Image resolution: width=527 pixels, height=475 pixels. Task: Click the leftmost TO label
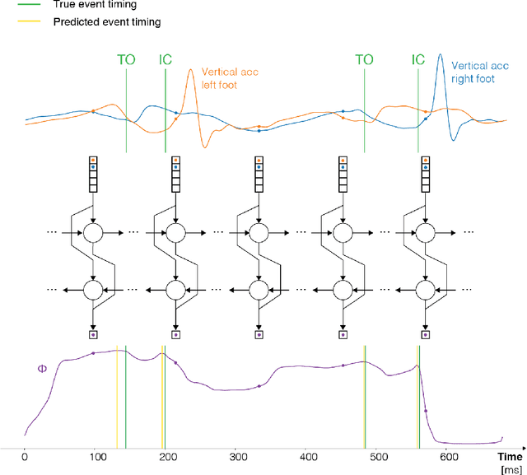click(125, 59)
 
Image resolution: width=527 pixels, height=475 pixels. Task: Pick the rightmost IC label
click(418, 59)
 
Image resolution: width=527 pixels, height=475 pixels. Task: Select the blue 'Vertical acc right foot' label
click(483, 77)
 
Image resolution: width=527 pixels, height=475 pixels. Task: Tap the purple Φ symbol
click(42, 369)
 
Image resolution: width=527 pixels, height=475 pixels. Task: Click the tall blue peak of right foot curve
click(441, 56)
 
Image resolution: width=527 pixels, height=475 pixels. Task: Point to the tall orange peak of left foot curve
click(192, 70)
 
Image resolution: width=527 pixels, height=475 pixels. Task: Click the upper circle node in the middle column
click(259, 235)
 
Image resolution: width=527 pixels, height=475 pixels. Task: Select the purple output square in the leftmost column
click(93, 335)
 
